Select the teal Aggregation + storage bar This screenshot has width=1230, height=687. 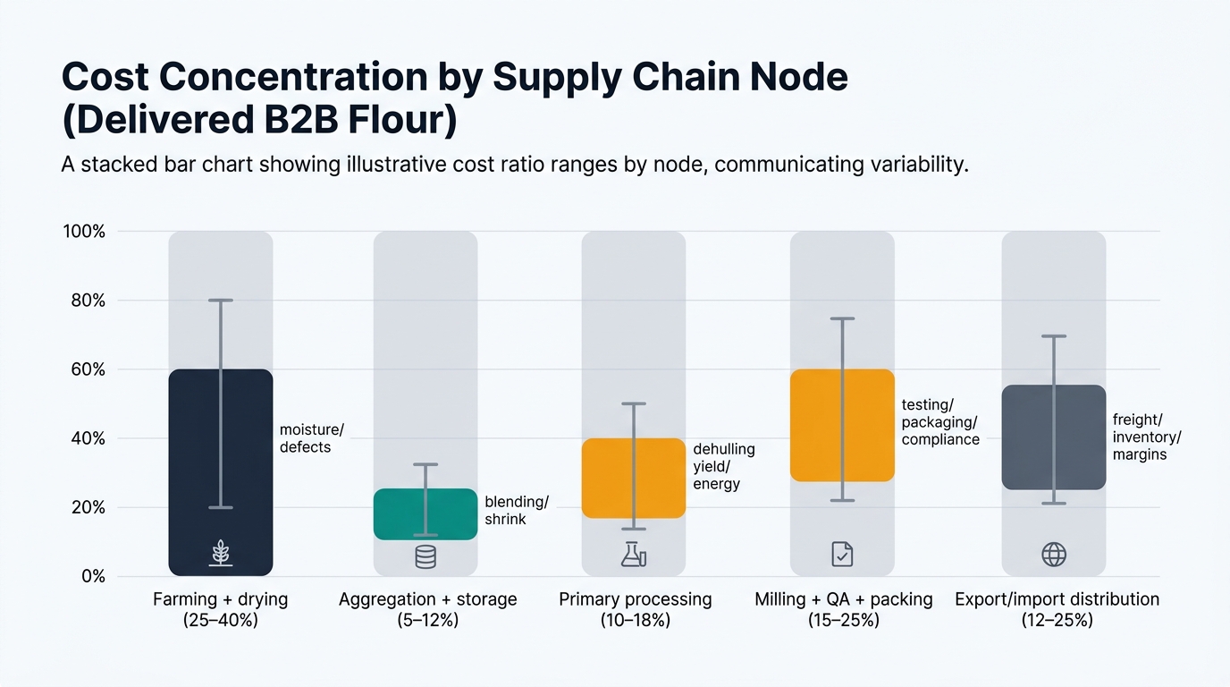coord(402,514)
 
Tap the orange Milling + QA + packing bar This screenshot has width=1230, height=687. coord(819,425)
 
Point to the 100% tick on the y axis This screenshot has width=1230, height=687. coord(84,232)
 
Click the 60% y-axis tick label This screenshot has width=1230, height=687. coord(88,369)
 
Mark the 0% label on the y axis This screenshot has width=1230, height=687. coord(91,577)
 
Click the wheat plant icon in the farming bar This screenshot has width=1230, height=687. coord(221,554)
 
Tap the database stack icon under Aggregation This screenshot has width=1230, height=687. coord(425,556)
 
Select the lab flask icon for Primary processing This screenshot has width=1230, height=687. coord(634,555)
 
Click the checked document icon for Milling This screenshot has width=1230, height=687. coord(842,555)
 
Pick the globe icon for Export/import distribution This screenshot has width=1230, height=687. coord(1054,555)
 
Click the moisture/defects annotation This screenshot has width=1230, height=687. coord(310,438)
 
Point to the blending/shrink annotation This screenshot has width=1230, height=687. coord(516,510)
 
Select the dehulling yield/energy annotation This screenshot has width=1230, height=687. coord(723,466)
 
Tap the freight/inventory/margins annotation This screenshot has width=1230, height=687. coord(1146,437)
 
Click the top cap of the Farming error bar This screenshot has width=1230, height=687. coord(221,301)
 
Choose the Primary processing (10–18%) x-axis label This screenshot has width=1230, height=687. coord(635,609)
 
